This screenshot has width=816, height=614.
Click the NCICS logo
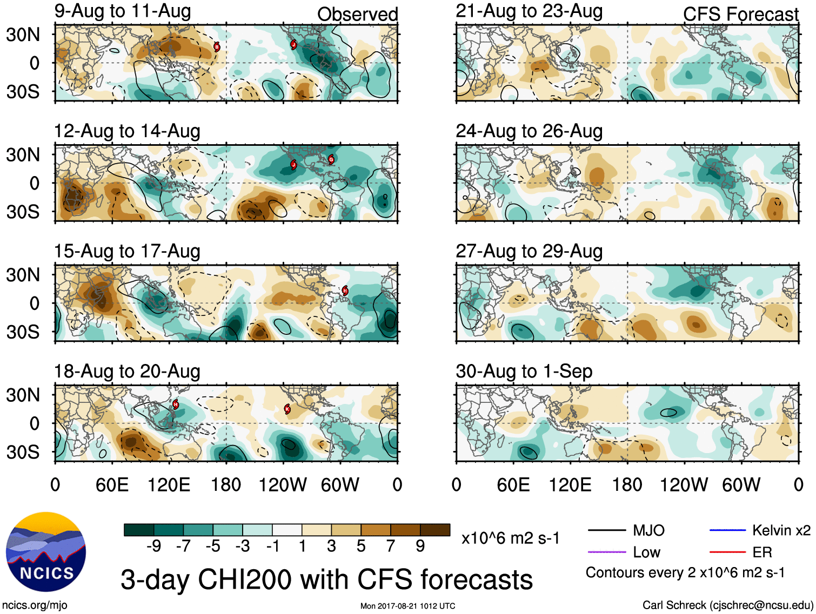(46, 551)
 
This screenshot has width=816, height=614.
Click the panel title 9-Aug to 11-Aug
(123, 11)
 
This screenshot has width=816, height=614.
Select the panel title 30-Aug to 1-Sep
(524, 372)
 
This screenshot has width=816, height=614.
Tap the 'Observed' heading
(357, 15)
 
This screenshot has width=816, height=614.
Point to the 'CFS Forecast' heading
(740, 15)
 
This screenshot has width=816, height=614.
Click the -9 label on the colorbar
(153, 546)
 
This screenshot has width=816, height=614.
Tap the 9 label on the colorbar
(420, 546)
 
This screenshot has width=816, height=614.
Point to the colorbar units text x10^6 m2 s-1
(511, 538)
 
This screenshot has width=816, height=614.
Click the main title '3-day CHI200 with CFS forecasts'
(326, 580)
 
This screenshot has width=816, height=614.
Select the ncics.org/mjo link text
(35, 605)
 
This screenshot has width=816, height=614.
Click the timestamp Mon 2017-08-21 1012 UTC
(407, 606)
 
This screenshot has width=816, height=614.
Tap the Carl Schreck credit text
(727, 605)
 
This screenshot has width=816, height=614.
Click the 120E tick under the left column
(169, 485)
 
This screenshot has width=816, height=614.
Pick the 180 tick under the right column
(627, 485)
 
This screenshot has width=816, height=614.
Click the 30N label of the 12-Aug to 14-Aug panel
(23, 155)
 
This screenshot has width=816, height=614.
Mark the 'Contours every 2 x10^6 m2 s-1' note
(685, 572)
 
